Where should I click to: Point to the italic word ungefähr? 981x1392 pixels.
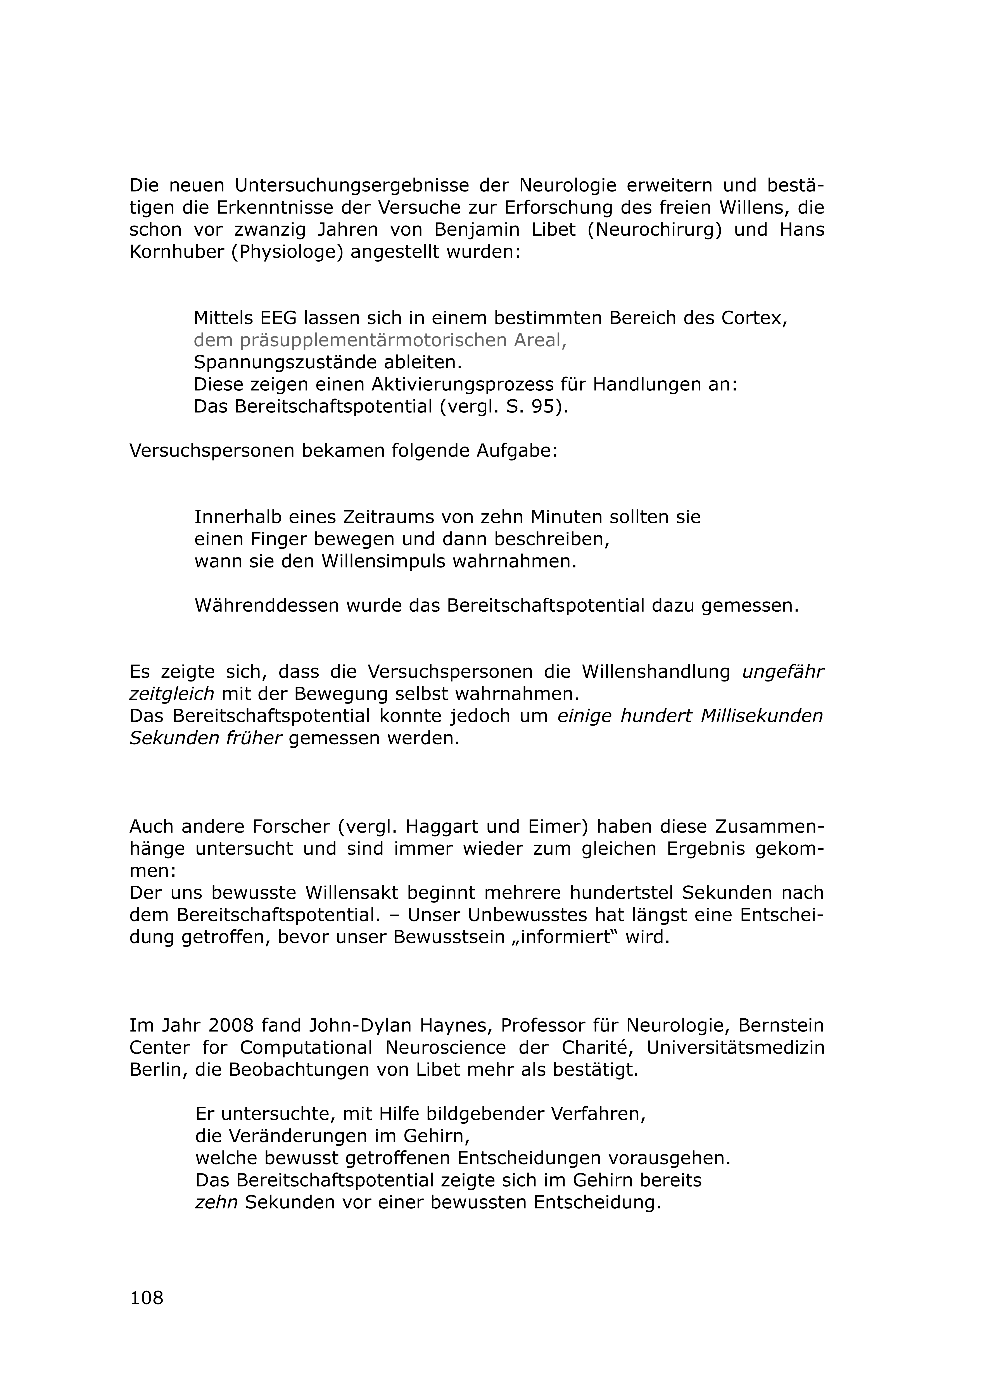[x=783, y=672]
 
